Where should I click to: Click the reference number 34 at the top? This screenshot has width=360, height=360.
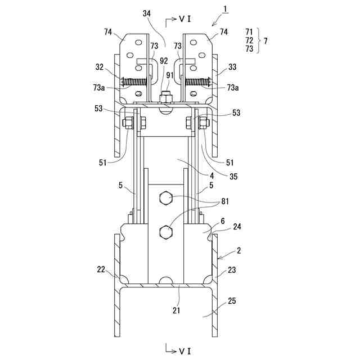coord(147,13)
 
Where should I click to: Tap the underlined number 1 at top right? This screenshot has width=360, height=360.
coord(225,9)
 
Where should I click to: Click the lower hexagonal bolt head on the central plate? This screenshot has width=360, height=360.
coord(165,232)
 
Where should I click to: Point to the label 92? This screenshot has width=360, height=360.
coord(164,61)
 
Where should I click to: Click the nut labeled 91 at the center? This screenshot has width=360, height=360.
coord(166,97)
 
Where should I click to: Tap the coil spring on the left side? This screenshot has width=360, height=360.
coord(134,82)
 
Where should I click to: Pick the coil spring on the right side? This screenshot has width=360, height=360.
coord(197,82)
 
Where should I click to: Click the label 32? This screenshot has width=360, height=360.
coord(100,67)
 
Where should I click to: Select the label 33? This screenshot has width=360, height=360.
coord(232,67)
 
